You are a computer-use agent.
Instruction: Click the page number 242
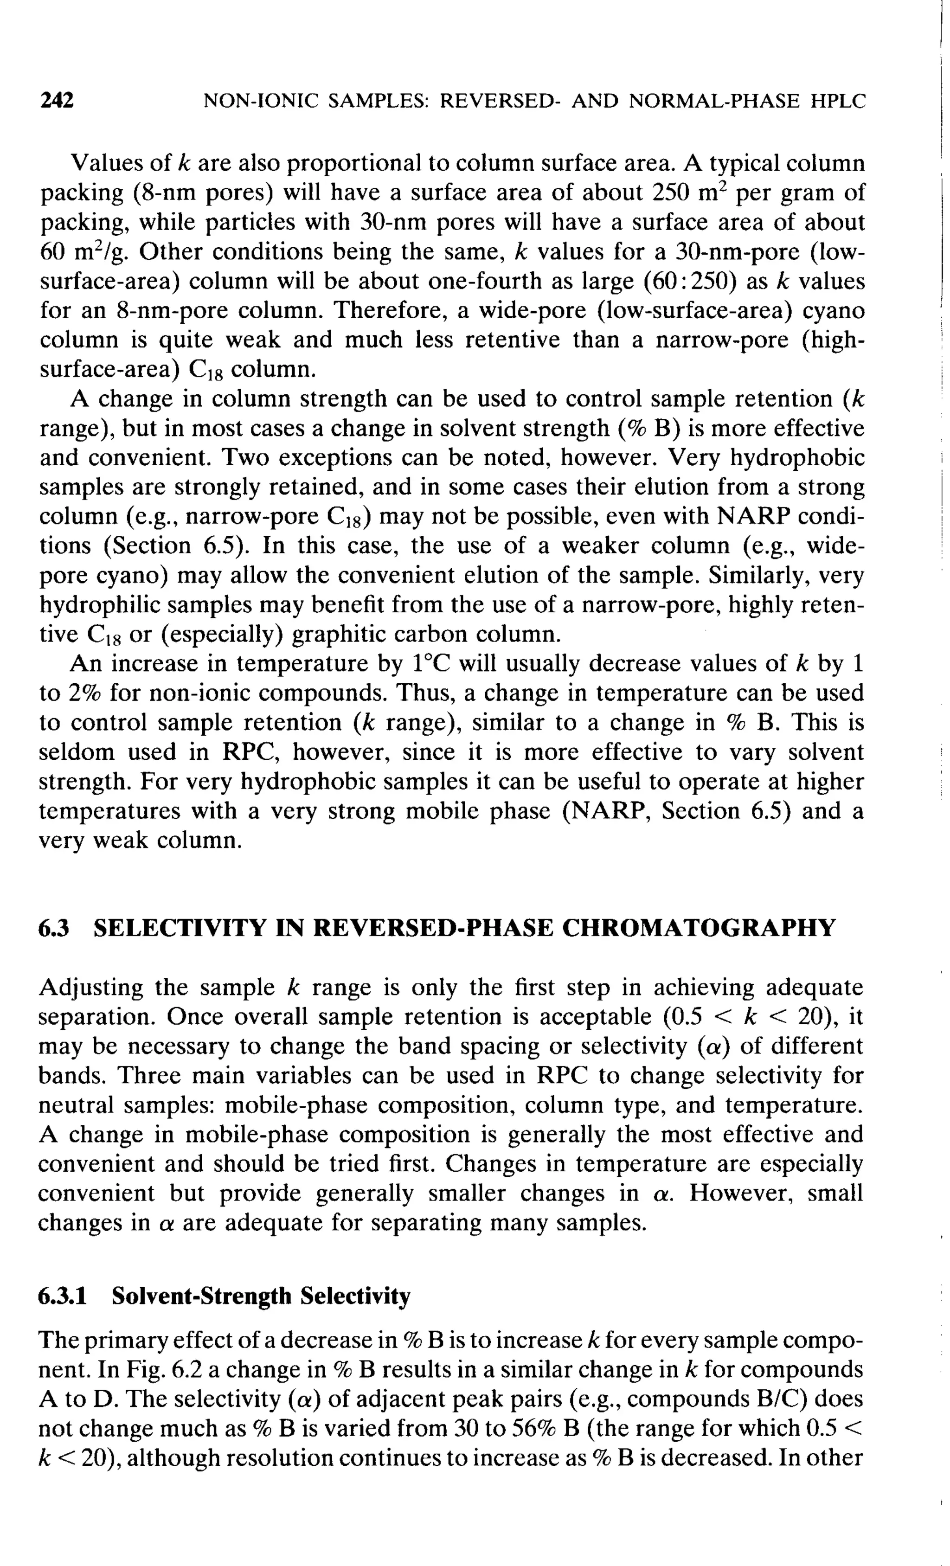pos(57,100)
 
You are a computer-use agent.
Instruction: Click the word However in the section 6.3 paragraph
pos(742,1194)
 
